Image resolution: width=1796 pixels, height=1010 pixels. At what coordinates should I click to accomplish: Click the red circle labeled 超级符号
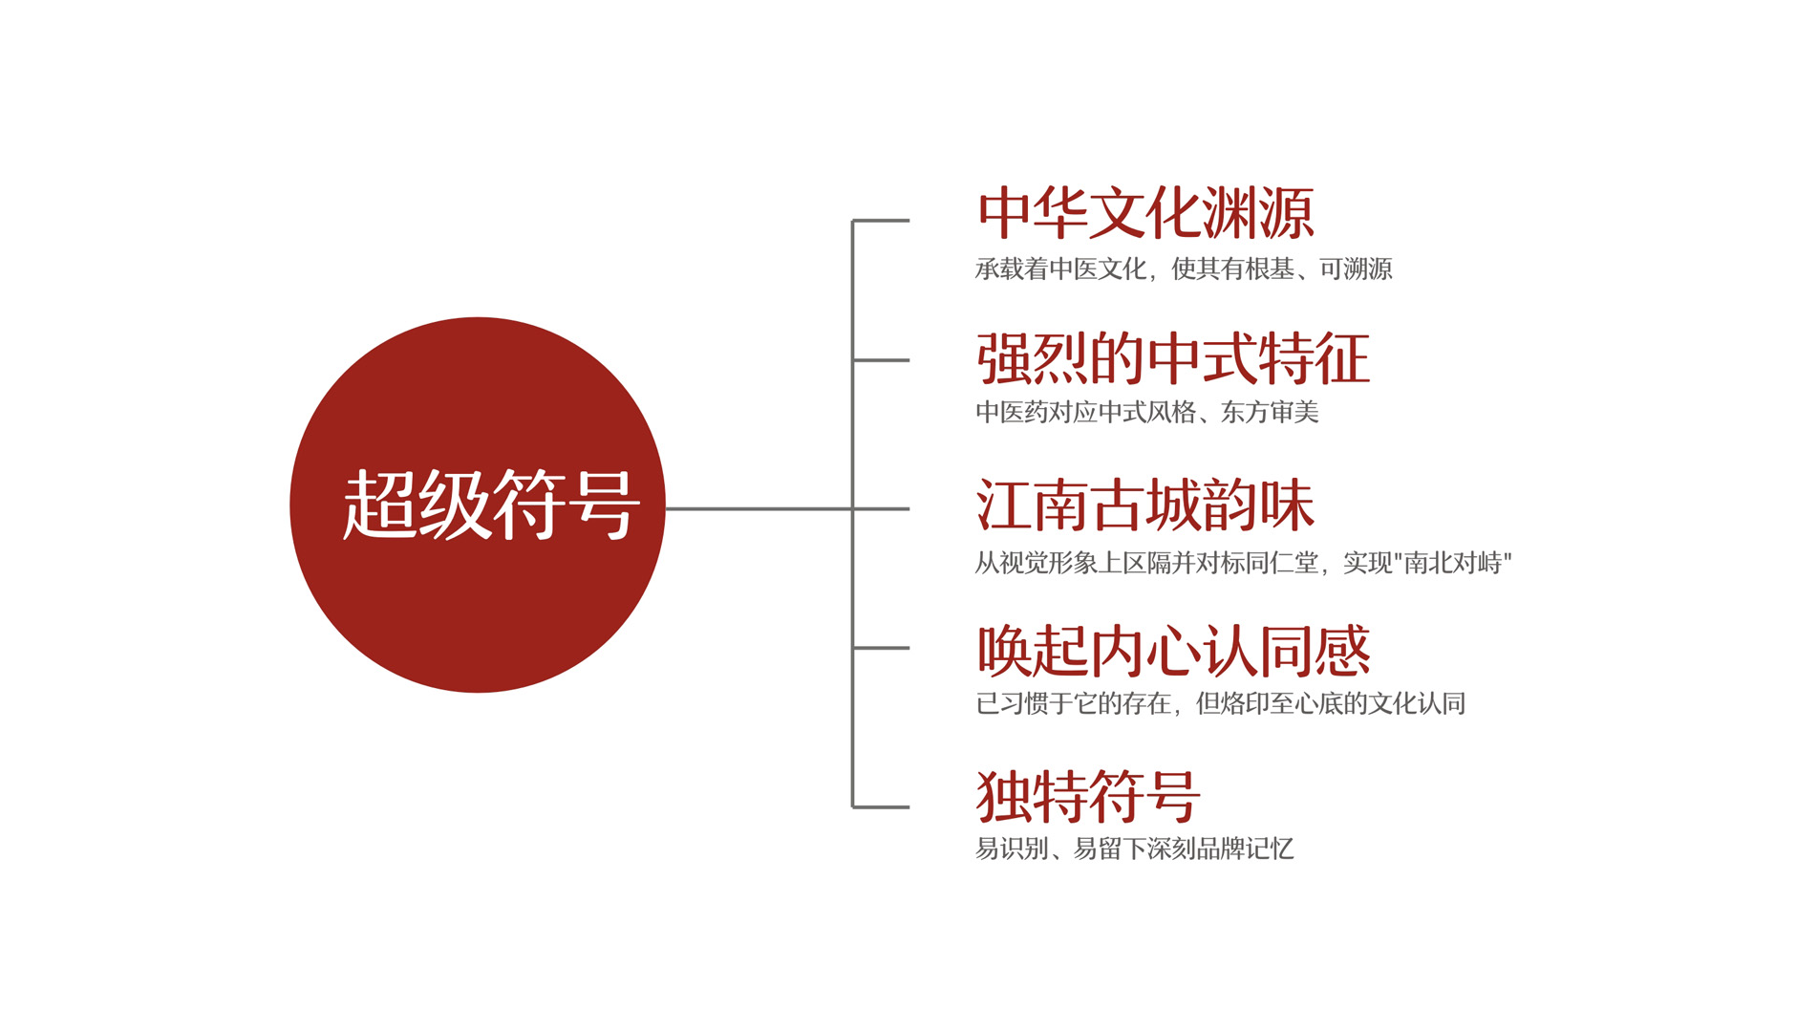478,505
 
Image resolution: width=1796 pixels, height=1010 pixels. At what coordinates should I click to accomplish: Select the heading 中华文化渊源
1145,213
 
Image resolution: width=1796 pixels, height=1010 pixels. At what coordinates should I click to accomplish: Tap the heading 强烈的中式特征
1173,359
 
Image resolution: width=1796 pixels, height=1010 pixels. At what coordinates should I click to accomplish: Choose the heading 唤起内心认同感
1173,651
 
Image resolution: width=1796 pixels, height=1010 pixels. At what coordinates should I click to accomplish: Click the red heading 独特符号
1088,796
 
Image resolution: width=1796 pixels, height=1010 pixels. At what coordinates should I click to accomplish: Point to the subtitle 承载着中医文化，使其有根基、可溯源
1184,269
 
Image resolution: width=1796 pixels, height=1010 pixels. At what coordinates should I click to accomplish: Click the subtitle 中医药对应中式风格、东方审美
1147,412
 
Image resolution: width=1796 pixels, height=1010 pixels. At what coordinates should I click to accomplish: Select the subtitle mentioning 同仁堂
1243,563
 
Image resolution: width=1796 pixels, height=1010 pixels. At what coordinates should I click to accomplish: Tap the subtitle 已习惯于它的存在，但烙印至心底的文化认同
1220,704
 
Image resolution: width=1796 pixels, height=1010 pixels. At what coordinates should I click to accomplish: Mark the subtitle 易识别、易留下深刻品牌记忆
1135,849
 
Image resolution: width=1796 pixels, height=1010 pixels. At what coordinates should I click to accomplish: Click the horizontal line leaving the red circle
759,508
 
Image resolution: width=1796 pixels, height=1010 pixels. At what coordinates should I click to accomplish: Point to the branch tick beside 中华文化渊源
881,221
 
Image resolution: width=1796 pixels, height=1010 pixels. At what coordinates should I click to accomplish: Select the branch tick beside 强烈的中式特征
881,360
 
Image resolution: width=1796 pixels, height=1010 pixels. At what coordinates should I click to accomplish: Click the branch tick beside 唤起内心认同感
881,648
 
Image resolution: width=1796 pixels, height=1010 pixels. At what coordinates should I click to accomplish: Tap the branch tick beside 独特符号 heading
881,807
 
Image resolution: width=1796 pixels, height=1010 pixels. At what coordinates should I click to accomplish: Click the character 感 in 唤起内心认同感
1343,651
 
